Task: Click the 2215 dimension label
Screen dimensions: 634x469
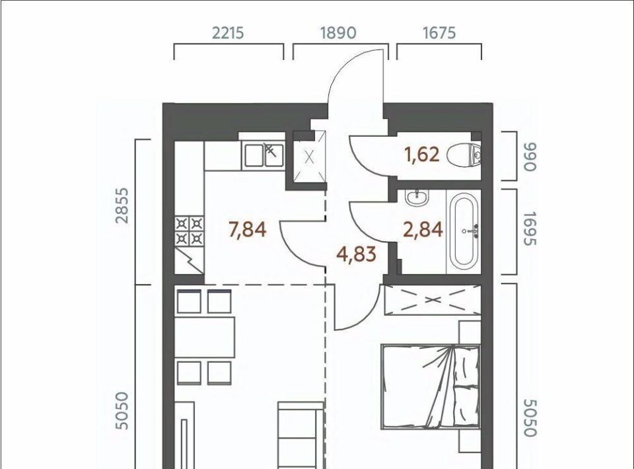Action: coord(228,33)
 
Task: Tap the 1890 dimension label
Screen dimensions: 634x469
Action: coord(337,33)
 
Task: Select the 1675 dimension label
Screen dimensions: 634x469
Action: coord(439,33)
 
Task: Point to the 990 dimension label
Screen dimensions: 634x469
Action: coord(530,157)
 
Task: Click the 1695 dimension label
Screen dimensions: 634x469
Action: coord(530,229)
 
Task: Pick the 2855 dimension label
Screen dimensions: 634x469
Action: coord(122,205)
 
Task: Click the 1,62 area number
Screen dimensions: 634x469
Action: coord(423,155)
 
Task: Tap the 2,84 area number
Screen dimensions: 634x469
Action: coord(423,230)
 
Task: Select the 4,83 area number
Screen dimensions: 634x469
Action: coord(356,254)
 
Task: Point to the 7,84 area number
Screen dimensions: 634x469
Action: coord(248,230)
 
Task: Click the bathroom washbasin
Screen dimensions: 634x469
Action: coord(417,198)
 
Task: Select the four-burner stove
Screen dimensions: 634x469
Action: coord(190,231)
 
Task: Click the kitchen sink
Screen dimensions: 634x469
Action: coord(264,155)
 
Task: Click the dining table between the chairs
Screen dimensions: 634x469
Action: coord(205,337)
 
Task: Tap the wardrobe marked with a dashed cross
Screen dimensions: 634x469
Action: coord(433,301)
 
